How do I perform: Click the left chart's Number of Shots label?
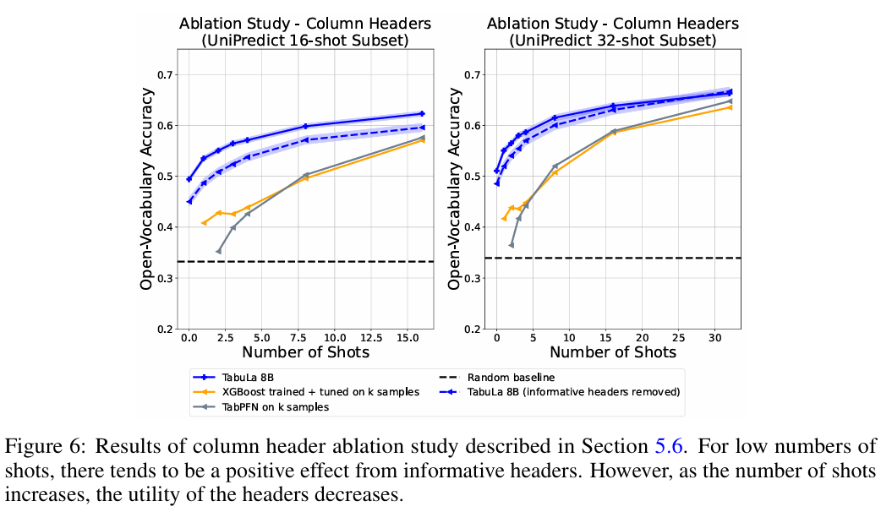(x=305, y=351)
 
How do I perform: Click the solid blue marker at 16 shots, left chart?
(x=422, y=113)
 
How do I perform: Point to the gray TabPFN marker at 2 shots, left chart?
(x=218, y=251)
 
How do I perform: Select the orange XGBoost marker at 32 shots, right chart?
(x=730, y=107)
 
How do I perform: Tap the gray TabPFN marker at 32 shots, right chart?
(x=730, y=101)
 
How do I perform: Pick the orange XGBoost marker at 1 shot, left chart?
(x=204, y=223)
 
